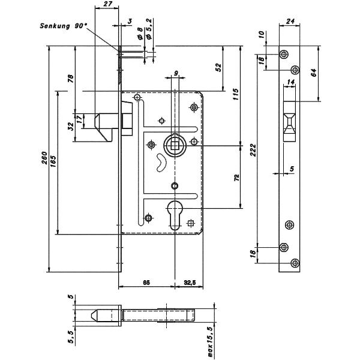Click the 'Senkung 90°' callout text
tap(63, 26)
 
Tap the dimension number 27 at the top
tap(108, 4)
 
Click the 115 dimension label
tap(236, 94)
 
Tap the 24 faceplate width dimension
tap(290, 22)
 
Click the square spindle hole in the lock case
tap(175, 144)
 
